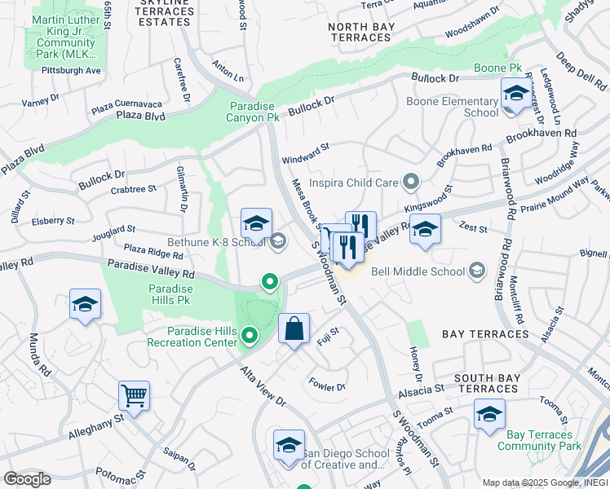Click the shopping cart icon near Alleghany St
(134, 396)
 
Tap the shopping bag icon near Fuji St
(294, 328)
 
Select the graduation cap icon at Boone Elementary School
(515, 93)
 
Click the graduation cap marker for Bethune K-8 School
(256, 224)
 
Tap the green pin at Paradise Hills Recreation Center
(250, 335)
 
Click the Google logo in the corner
(27, 479)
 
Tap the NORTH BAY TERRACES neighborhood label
(366, 33)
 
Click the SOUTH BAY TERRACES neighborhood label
(487, 383)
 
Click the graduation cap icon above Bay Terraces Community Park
(489, 415)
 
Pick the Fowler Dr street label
(327, 385)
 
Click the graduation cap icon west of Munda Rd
(86, 305)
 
